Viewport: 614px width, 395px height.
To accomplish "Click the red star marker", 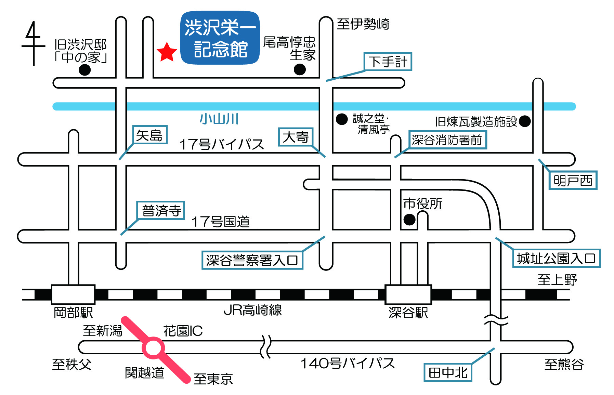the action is coord(167,52).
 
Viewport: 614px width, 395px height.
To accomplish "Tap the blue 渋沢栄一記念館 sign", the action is coord(220,38).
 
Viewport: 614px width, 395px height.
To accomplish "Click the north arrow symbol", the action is coord(33,43).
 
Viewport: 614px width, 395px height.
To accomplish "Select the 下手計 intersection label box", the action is coord(388,62).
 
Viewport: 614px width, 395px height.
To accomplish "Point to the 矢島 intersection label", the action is coord(150,135).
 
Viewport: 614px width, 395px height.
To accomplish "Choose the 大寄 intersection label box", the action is coord(296,137).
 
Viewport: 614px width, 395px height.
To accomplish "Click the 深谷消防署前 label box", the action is coord(447,140).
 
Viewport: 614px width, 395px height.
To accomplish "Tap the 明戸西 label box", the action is coord(573,180).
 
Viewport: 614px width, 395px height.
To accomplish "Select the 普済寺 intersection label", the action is coord(161,210).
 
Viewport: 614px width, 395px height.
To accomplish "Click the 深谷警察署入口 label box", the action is coord(252,260).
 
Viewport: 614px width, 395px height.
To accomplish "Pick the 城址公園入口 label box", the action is coord(557,258).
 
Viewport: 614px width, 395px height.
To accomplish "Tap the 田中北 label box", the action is coord(448,372).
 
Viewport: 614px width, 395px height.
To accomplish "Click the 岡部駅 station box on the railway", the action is coord(73,294).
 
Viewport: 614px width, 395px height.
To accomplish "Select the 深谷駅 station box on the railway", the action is coord(408,294).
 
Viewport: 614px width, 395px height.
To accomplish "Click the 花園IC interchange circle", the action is coord(153,348).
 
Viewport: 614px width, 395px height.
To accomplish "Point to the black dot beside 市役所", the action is coord(409,220).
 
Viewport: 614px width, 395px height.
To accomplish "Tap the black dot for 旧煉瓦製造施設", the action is coord(525,121).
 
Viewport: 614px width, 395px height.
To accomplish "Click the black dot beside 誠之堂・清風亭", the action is coord(342,119).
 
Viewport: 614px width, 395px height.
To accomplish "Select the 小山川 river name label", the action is coord(219,119).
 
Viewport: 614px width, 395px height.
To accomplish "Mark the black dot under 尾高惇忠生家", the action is coord(300,70).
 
